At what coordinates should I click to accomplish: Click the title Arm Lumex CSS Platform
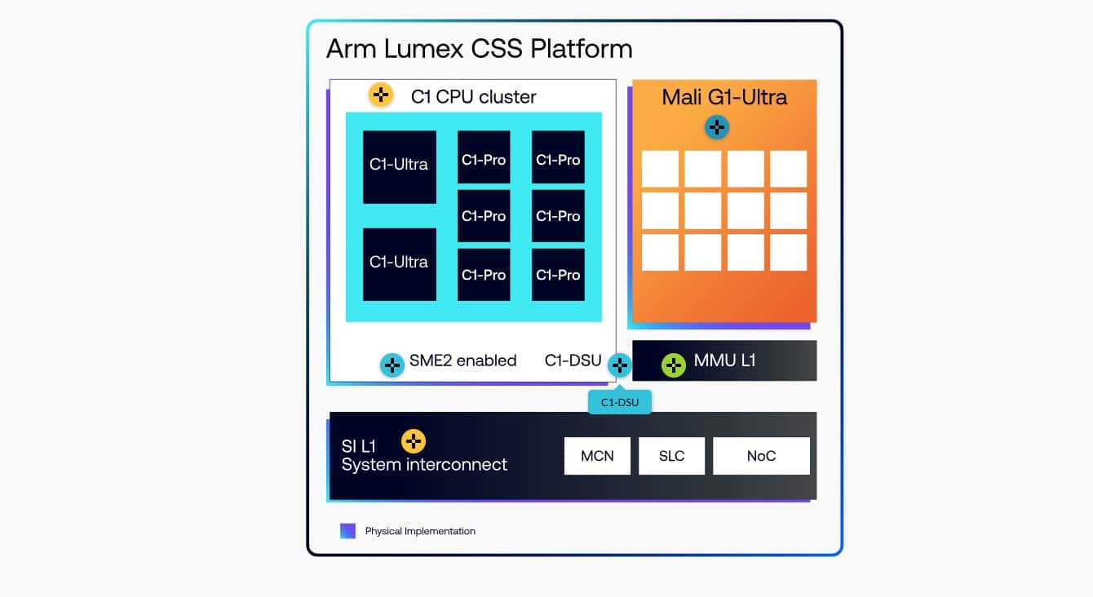(479, 48)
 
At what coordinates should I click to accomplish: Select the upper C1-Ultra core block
(399, 166)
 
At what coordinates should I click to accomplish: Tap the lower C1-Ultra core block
(399, 264)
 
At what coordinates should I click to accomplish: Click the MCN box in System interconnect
(597, 456)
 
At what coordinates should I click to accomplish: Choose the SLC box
(671, 456)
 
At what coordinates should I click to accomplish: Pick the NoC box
(761, 456)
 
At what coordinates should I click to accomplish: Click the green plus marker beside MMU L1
(674, 365)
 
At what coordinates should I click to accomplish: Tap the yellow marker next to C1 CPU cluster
(380, 95)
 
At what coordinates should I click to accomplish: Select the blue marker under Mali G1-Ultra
(716, 127)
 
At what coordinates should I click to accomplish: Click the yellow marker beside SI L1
(414, 441)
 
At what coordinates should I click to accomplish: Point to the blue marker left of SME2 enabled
(392, 365)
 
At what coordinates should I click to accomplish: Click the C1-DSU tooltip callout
(619, 401)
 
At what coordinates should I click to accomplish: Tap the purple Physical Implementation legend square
(348, 531)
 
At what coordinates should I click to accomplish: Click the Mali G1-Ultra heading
(724, 97)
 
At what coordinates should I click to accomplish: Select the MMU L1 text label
(724, 360)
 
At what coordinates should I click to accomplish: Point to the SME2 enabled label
(462, 360)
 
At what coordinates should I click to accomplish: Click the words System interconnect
(424, 465)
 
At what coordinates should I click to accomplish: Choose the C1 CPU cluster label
(473, 97)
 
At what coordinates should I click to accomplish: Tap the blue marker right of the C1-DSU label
(619, 365)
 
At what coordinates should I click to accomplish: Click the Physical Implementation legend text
(420, 531)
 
